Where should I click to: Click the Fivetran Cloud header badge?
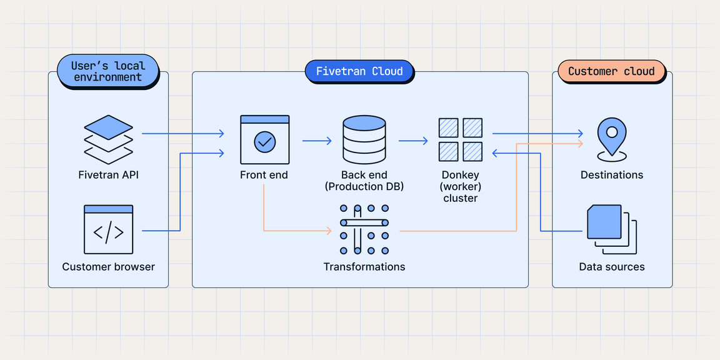pos(359,71)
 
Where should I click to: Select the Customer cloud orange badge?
pos(611,71)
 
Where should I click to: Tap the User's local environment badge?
pos(107,71)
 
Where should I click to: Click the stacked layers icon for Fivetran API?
pos(108,139)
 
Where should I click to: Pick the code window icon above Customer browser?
pos(108,229)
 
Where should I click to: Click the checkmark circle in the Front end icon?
pos(264,142)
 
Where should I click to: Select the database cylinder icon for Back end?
pos(364,139)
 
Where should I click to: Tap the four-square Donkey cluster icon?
pos(460,139)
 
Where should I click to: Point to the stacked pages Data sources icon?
pos(611,229)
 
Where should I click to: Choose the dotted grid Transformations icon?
pos(364,229)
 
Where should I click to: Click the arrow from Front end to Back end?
pos(317,141)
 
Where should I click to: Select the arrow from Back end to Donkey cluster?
pos(412,141)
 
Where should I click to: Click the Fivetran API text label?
pos(108,175)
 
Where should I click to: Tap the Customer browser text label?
pos(108,267)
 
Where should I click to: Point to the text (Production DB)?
pos(364,187)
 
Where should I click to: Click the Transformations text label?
pos(364,267)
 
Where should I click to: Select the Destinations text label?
pos(611,175)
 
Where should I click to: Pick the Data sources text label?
pos(611,267)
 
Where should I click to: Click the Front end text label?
pos(264,175)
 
